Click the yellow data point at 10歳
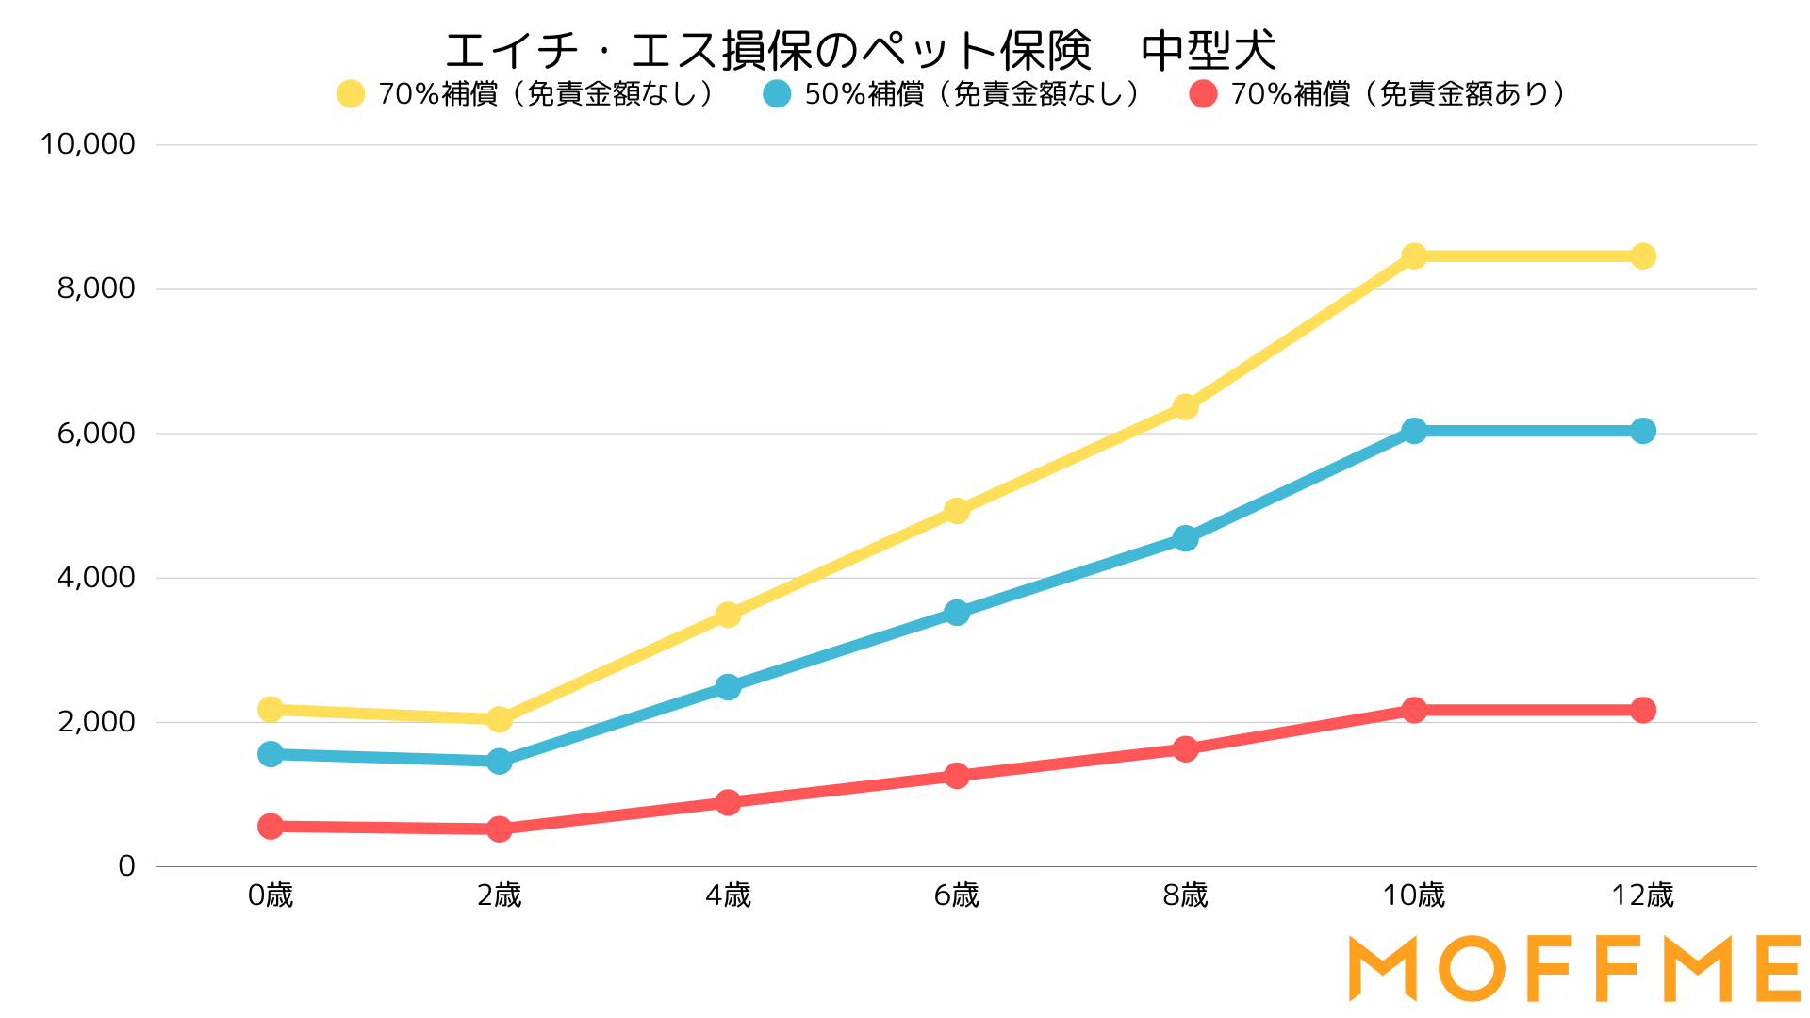click(1414, 255)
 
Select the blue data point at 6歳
click(957, 613)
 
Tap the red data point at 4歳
click(728, 802)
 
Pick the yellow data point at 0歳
click(271, 709)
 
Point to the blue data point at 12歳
click(1643, 431)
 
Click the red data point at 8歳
click(1186, 748)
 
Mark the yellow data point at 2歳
click(500, 719)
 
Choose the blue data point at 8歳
click(1186, 538)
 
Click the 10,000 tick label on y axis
click(88, 144)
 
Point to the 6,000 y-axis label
click(96, 434)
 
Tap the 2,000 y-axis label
click(96, 722)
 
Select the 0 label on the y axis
click(127, 866)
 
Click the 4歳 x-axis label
click(728, 895)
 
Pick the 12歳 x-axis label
click(1643, 895)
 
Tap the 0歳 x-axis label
click(271, 895)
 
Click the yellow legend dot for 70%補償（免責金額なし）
click(351, 94)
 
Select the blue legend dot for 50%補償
click(777, 94)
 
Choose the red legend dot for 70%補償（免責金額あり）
click(1203, 94)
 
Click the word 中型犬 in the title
click(1209, 51)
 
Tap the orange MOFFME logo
click(1574, 968)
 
